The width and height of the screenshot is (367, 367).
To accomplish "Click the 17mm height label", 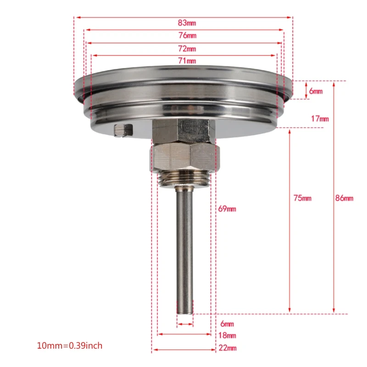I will (320, 119).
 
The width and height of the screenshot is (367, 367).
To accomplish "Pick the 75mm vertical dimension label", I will (302, 198).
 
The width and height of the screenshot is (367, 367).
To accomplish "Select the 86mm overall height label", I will (344, 198).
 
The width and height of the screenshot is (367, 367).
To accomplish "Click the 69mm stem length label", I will (227, 209).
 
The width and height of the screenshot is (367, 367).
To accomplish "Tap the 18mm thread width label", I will (227, 336).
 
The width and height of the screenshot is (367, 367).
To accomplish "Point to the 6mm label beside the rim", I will (316, 91).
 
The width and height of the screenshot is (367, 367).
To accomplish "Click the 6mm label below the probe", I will (227, 324).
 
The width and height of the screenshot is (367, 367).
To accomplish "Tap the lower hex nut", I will (183, 157).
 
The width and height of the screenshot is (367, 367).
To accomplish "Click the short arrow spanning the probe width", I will (185, 324).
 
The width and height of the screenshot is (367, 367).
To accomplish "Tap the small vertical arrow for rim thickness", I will (306, 90).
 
